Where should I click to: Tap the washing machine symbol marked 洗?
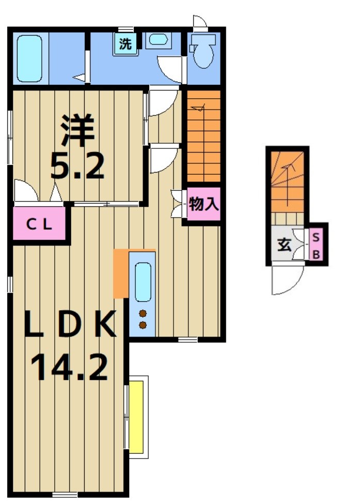click(126, 44)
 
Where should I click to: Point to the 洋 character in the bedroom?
click(79, 130)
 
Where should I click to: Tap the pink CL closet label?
click(39, 224)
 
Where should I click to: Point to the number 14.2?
click(70, 366)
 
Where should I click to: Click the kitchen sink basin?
click(143, 282)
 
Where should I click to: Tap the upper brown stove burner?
click(143, 313)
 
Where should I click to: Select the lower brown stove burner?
click(143, 325)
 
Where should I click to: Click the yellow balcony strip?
click(136, 416)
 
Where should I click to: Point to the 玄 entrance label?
click(284, 244)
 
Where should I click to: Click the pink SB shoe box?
click(317, 245)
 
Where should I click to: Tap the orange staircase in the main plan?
click(204, 137)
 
